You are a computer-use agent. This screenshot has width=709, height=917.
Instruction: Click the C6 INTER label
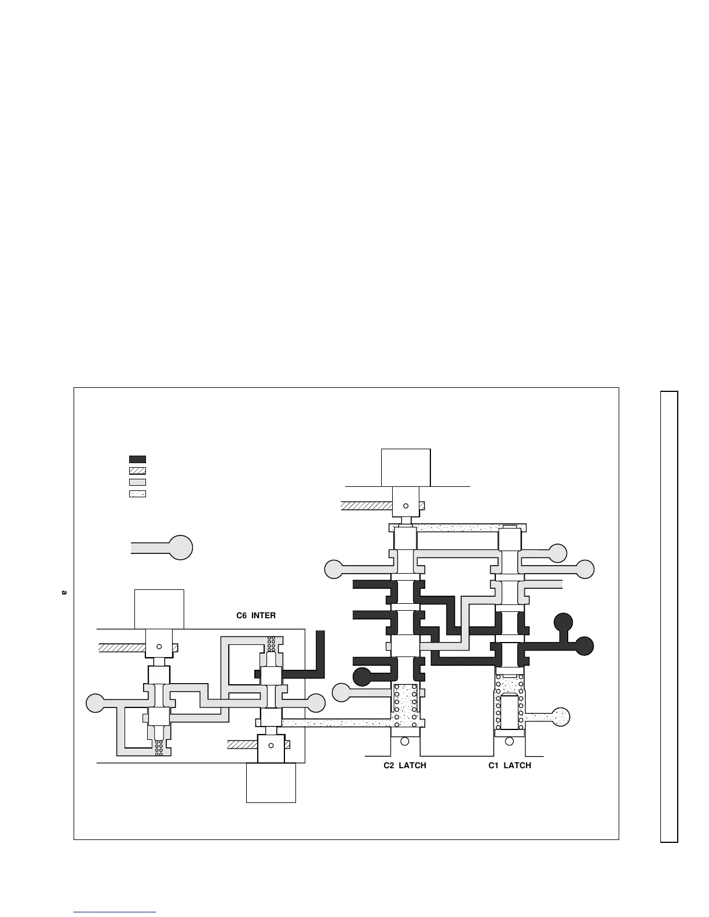click(x=256, y=615)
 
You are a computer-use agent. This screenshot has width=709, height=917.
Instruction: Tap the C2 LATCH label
click(x=405, y=765)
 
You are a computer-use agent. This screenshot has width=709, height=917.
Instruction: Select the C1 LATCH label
click(x=510, y=765)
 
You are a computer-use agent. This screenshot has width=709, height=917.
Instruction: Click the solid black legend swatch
click(x=137, y=459)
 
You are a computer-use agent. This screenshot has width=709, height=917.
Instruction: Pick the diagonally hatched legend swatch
click(x=137, y=471)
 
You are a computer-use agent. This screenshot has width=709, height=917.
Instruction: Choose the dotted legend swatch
click(x=137, y=494)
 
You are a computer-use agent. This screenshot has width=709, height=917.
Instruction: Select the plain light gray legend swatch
click(x=137, y=482)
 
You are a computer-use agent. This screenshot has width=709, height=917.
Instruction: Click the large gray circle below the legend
click(x=180, y=547)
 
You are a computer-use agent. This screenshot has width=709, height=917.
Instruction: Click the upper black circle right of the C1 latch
click(x=563, y=622)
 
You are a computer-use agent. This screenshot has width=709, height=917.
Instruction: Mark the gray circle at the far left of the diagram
click(x=96, y=703)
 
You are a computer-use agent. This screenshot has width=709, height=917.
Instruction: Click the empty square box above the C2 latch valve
click(x=405, y=467)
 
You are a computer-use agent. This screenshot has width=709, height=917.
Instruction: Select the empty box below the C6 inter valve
click(x=271, y=783)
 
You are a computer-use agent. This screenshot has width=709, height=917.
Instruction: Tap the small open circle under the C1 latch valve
click(x=509, y=741)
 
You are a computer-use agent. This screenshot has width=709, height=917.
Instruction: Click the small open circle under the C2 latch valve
click(x=404, y=741)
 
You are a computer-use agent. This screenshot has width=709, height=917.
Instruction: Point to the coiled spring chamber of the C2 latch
click(x=405, y=704)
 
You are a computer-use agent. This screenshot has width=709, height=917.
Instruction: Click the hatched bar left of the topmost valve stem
click(x=366, y=505)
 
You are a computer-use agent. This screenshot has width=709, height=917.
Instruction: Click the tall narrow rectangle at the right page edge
click(x=669, y=617)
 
